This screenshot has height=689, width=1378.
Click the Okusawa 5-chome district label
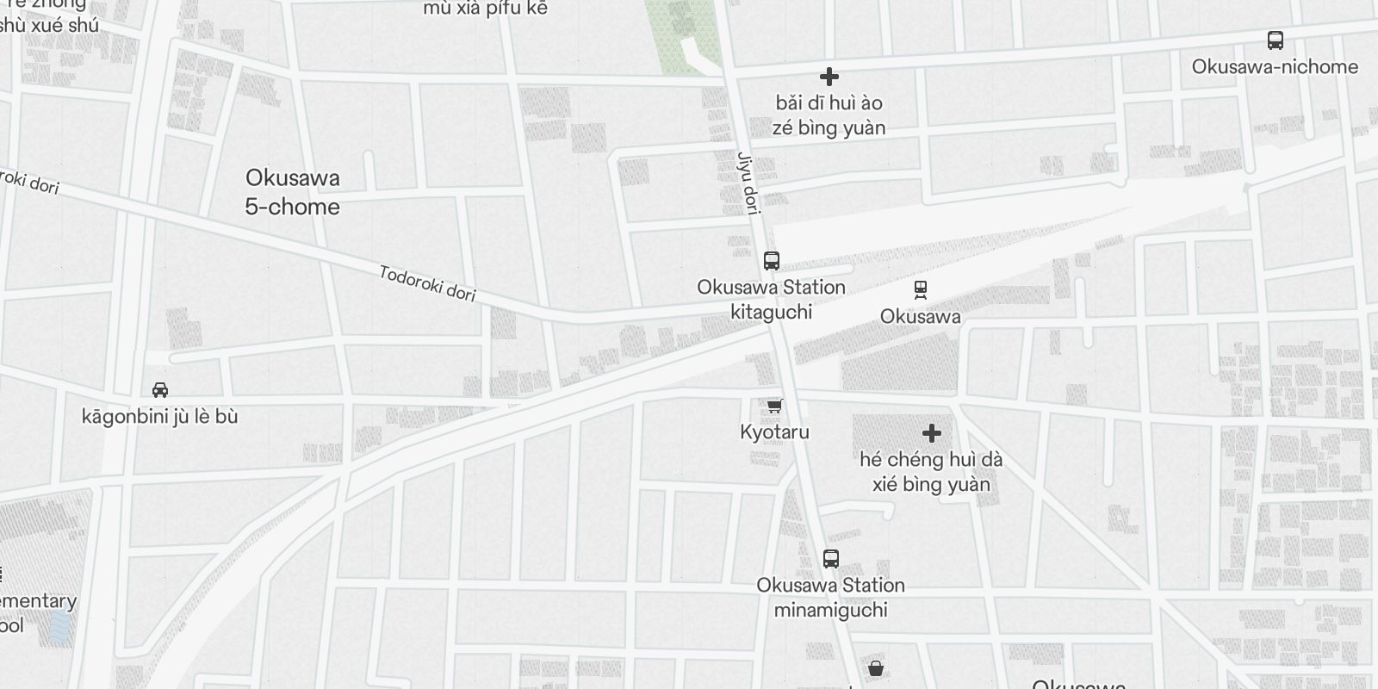pyautogui.click(x=293, y=192)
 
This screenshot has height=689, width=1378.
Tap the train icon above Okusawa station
pyautogui.click(x=921, y=290)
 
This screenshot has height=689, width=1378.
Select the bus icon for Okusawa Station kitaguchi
pyautogui.click(x=772, y=260)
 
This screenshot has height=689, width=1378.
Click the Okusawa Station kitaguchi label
pyautogui.click(x=772, y=299)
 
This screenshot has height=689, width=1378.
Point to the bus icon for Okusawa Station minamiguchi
pyautogui.click(x=831, y=559)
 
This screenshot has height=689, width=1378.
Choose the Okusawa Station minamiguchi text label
pyautogui.click(x=831, y=597)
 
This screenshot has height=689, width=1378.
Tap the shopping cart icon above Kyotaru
pyautogui.click(x=775, y=406)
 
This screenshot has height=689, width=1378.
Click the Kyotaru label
pyautogui.click(x=775, y=431)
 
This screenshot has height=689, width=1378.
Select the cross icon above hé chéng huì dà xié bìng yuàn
pyautogui.click(x=932, y=433)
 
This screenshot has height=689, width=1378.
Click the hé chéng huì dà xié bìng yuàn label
pyautogui.click(x=931, y=471)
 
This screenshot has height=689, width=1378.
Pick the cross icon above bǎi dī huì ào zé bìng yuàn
pyautogui.click(x=829, y=78)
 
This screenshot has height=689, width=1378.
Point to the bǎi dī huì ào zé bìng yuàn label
pyautogui.click(x=829, y=115)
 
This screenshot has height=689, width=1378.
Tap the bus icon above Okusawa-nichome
pyautogui.click(x=1276, y=40)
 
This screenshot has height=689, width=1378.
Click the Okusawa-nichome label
pyautogui.click(x=1276, y=66)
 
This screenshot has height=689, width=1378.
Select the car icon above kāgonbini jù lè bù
pyautogui.click(x=160, y=390)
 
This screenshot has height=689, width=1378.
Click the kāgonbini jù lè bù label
pyautogui.click(x=160, y=417)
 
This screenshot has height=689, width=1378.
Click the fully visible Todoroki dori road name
pyautogui.click(x=428, y=283)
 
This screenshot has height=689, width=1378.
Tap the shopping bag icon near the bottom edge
pyautogui.click(x=876, y=667)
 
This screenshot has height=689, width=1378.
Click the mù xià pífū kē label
pyautogui.click(x=486, y=9)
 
